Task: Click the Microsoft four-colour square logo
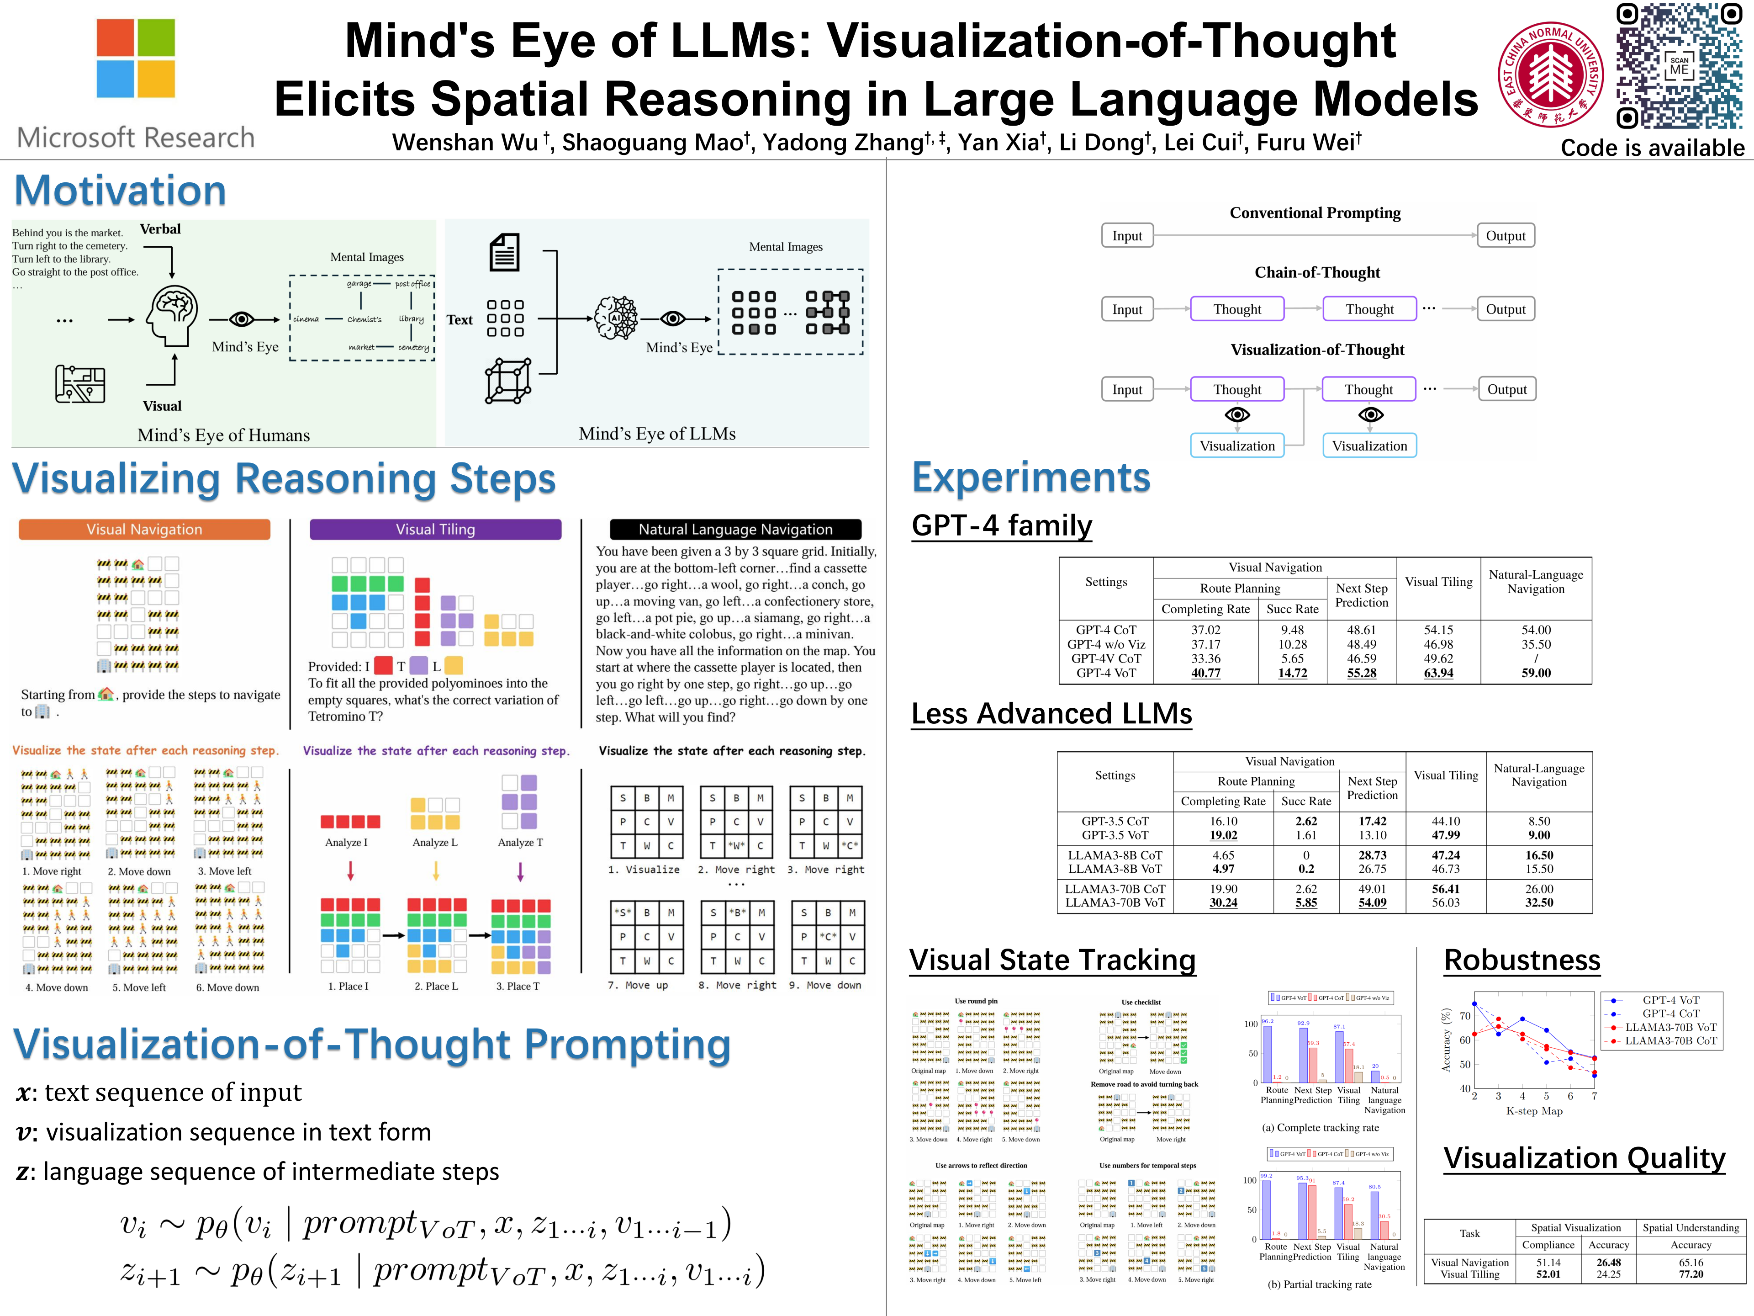coord(136,58)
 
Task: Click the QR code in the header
coord(1679,66)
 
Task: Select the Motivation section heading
coord(121,191)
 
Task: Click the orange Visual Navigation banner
coord(144,529)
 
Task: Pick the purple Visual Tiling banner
coord(435,529)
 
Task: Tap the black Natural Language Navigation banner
coord(735,529)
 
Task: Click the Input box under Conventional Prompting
coord(1127,236)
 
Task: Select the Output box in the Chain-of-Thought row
coord(1505,309)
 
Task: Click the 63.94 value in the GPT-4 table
coord(1438,673)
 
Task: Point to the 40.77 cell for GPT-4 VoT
coord(1205,673)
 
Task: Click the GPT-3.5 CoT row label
coord(1115,821)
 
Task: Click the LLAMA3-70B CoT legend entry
coord(1671,1041)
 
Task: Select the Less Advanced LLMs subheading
coord(1051,713)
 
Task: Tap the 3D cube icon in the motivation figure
coord(508,381)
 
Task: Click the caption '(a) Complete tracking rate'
coord(1320,1127)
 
